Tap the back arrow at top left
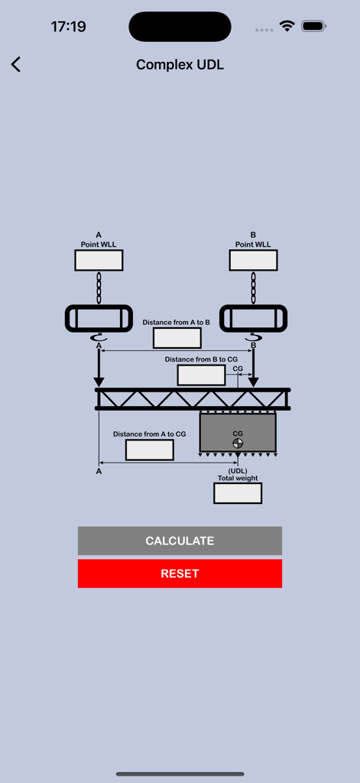pyautogui.click(x=16, y=65)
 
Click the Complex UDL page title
pyautogui.click(x=180, y=65)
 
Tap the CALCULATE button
pyautogui.click(x=180, y=541)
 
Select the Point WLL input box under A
pyautogui.click(x=99, y=260)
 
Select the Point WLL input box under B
pyautogui.click(x=253, y=260)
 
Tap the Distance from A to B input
pyautogui.click(x=177, y=338)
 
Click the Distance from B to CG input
pyautogui.click(x=201, y=375)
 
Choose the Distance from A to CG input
pyautogui.click(x=149, y=450)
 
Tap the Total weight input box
pyautogui.click(x=238, y=493)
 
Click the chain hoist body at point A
pyautogui.click(x=99, y=318)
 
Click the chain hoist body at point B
pyautogui.click(x=253, y=318)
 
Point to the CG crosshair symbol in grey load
pyautogui.click(x=238, y=443)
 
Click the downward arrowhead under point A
pyautogui.click(x=99, y=382)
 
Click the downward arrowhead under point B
pyautogui.click(x=253, y=382)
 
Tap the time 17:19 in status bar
pyautogui.click(x=69, y=27)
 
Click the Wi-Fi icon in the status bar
pyautogui.click(x=287, y=27)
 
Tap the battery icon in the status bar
pyautogui.click(x=313, y=27)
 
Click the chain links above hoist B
pyautogui.click(x=253, y=288)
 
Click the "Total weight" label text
pyautogui.click(x=238, y=478)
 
